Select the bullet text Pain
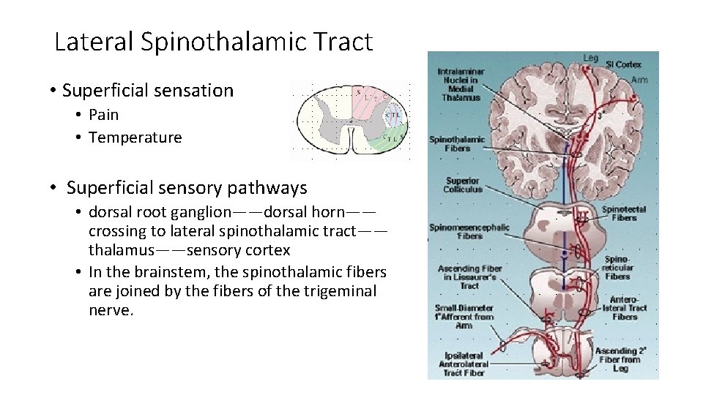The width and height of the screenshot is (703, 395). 103,115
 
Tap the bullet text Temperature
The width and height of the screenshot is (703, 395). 135,138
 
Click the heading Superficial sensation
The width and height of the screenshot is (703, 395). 148,91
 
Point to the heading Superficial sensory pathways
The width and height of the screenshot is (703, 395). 187,188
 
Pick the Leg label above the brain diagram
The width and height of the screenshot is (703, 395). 590,58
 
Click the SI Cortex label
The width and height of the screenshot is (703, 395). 623,65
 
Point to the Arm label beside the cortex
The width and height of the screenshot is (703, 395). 639,80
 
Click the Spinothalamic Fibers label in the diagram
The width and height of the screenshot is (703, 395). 457,143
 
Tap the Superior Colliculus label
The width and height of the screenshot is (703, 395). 463,184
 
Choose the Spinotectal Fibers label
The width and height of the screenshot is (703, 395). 624,213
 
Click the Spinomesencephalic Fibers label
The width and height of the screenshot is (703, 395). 469,231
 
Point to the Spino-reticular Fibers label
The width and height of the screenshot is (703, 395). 617,268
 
